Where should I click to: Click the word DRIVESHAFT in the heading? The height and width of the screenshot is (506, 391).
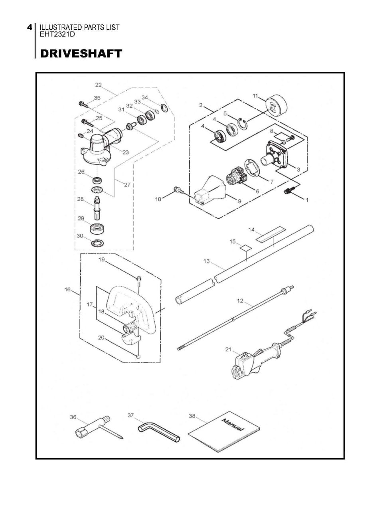[x=81, y=53]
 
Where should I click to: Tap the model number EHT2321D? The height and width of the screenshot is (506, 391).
[x=57, y=34]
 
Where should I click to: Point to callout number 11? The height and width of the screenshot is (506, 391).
[x=255, y=96]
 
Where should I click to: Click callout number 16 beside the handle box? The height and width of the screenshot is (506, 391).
[x=67, y=290]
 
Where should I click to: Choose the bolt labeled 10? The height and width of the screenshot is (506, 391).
[x=178, y=190]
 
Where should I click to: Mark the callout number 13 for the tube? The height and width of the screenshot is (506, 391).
[x=206, y=261]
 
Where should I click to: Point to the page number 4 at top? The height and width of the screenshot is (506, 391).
[x=30, y=28]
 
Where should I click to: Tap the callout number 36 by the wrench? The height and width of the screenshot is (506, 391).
[x=73, y=417]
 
